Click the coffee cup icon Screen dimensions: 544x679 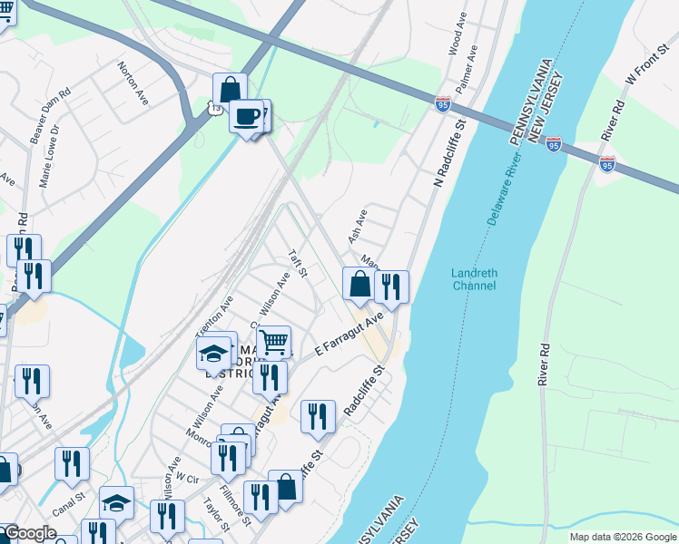[247, 116]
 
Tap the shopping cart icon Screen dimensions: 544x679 [273, 343]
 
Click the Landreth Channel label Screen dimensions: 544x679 [474, 279]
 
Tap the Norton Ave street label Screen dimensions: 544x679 [133, 83]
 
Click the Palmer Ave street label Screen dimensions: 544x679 [471, 65]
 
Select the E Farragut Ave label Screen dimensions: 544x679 [344, 335]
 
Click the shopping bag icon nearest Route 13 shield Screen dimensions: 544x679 [230, 90]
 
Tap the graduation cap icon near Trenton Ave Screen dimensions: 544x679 [213, 353]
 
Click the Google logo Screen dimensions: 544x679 [29, 534]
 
